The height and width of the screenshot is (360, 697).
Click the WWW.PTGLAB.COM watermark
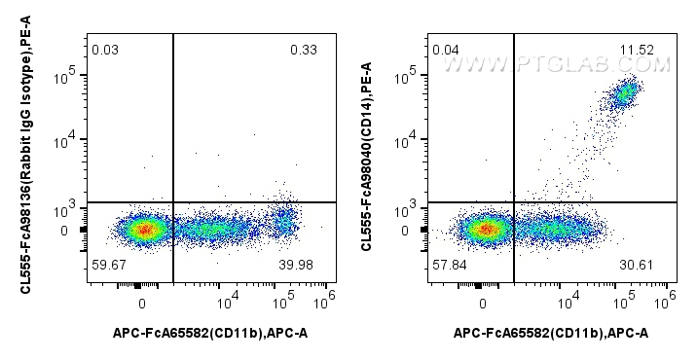click(x=557, y=65)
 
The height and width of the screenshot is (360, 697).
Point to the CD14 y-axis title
click(x=366, y=156)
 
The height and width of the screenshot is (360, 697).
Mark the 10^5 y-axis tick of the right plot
click(x=412, y=73)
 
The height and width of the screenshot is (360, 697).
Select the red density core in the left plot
click(x=144, y=231)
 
